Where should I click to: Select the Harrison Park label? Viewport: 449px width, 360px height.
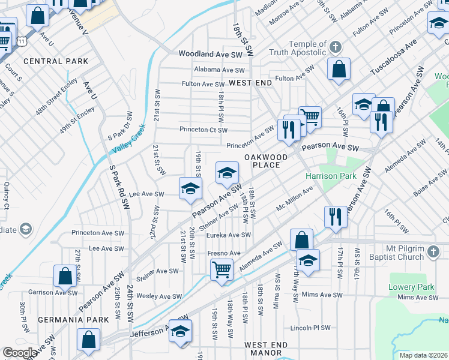(x=331, y=176)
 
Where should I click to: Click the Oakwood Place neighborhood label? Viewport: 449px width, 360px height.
(x=262, y=161)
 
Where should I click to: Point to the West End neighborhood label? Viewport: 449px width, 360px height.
(x=250, y=82)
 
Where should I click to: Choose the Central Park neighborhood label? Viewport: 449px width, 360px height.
(x=56, y=61)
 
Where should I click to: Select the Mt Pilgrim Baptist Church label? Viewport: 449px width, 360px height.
(x=405, y=253)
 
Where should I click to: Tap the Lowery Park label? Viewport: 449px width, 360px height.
(x=411, y=287)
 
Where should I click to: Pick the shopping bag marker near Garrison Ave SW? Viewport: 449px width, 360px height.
(x=65, y=277)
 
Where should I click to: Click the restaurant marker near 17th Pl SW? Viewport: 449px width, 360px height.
(x=335, y=217)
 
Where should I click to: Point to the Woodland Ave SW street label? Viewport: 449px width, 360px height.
(x=210, y=54)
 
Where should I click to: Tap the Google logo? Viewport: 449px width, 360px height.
(x=20, y=353)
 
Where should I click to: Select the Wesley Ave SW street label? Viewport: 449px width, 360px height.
(x=159, y=296)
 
